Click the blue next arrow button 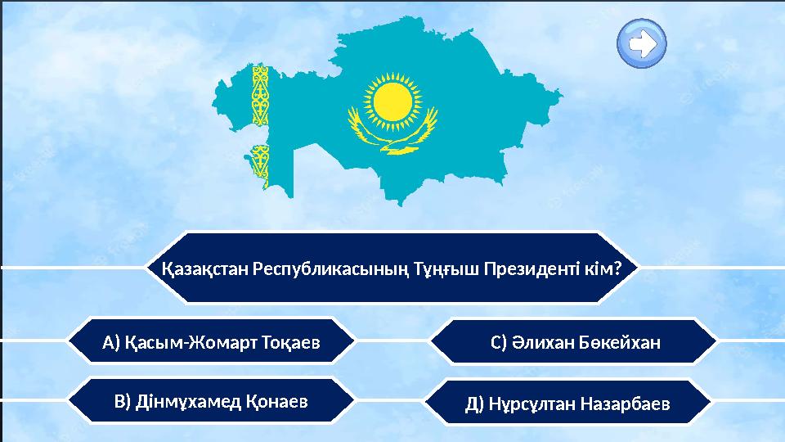pos(642,43)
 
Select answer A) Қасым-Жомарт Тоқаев pos(211,341)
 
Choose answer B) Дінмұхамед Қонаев pos(211,401)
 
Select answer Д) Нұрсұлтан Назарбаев pos(567,404)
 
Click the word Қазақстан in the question pos(204,268)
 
